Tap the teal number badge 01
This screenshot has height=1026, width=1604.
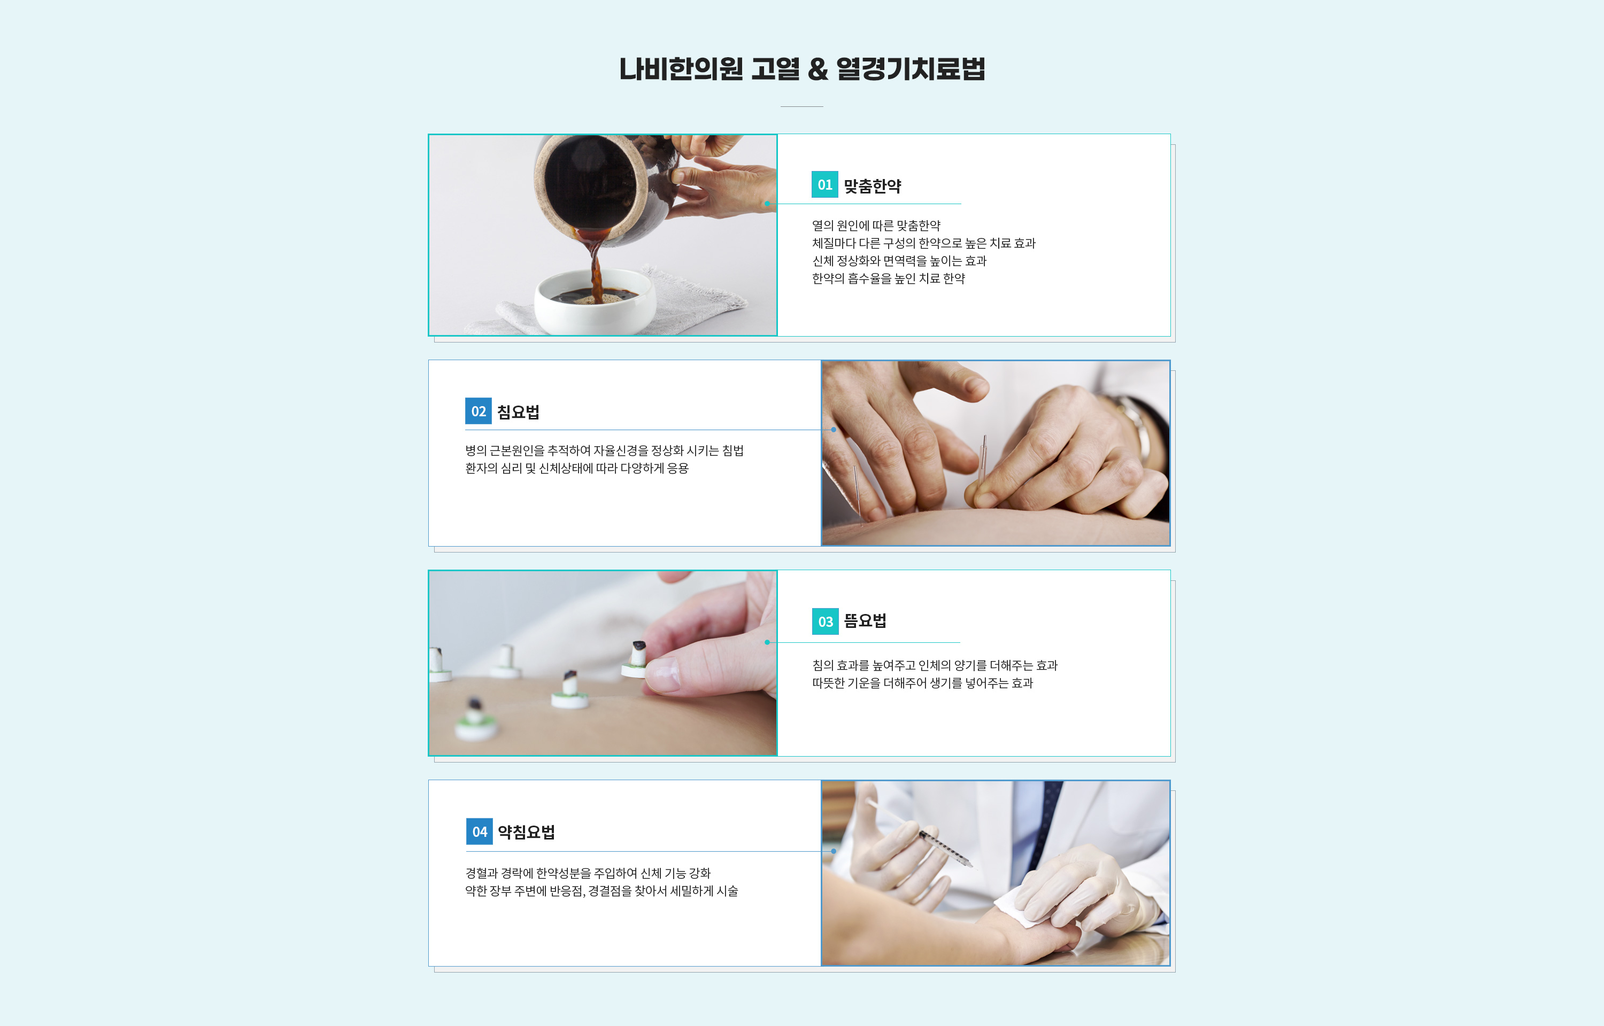pos(824,184)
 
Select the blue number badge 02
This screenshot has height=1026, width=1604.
pos(478,411)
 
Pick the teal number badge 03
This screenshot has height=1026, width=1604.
pos(825,621)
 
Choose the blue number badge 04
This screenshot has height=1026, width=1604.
pos(479,831)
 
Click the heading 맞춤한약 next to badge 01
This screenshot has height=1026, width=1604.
pos(872,186)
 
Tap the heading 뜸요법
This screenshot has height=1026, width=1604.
pos(865,621)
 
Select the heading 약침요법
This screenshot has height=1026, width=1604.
pos(527,832)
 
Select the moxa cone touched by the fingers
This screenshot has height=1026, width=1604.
pos(636,659)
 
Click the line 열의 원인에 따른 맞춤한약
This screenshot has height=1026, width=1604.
pos(876,226)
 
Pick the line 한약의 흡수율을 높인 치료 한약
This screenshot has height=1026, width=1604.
pos(888,278)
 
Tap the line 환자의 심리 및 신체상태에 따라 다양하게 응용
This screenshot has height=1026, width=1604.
pos(576,468)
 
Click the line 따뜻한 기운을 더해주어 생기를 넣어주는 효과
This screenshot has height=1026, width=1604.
pos(922,683)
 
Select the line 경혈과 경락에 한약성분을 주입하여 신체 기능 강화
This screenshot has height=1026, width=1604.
pos(588,873)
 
